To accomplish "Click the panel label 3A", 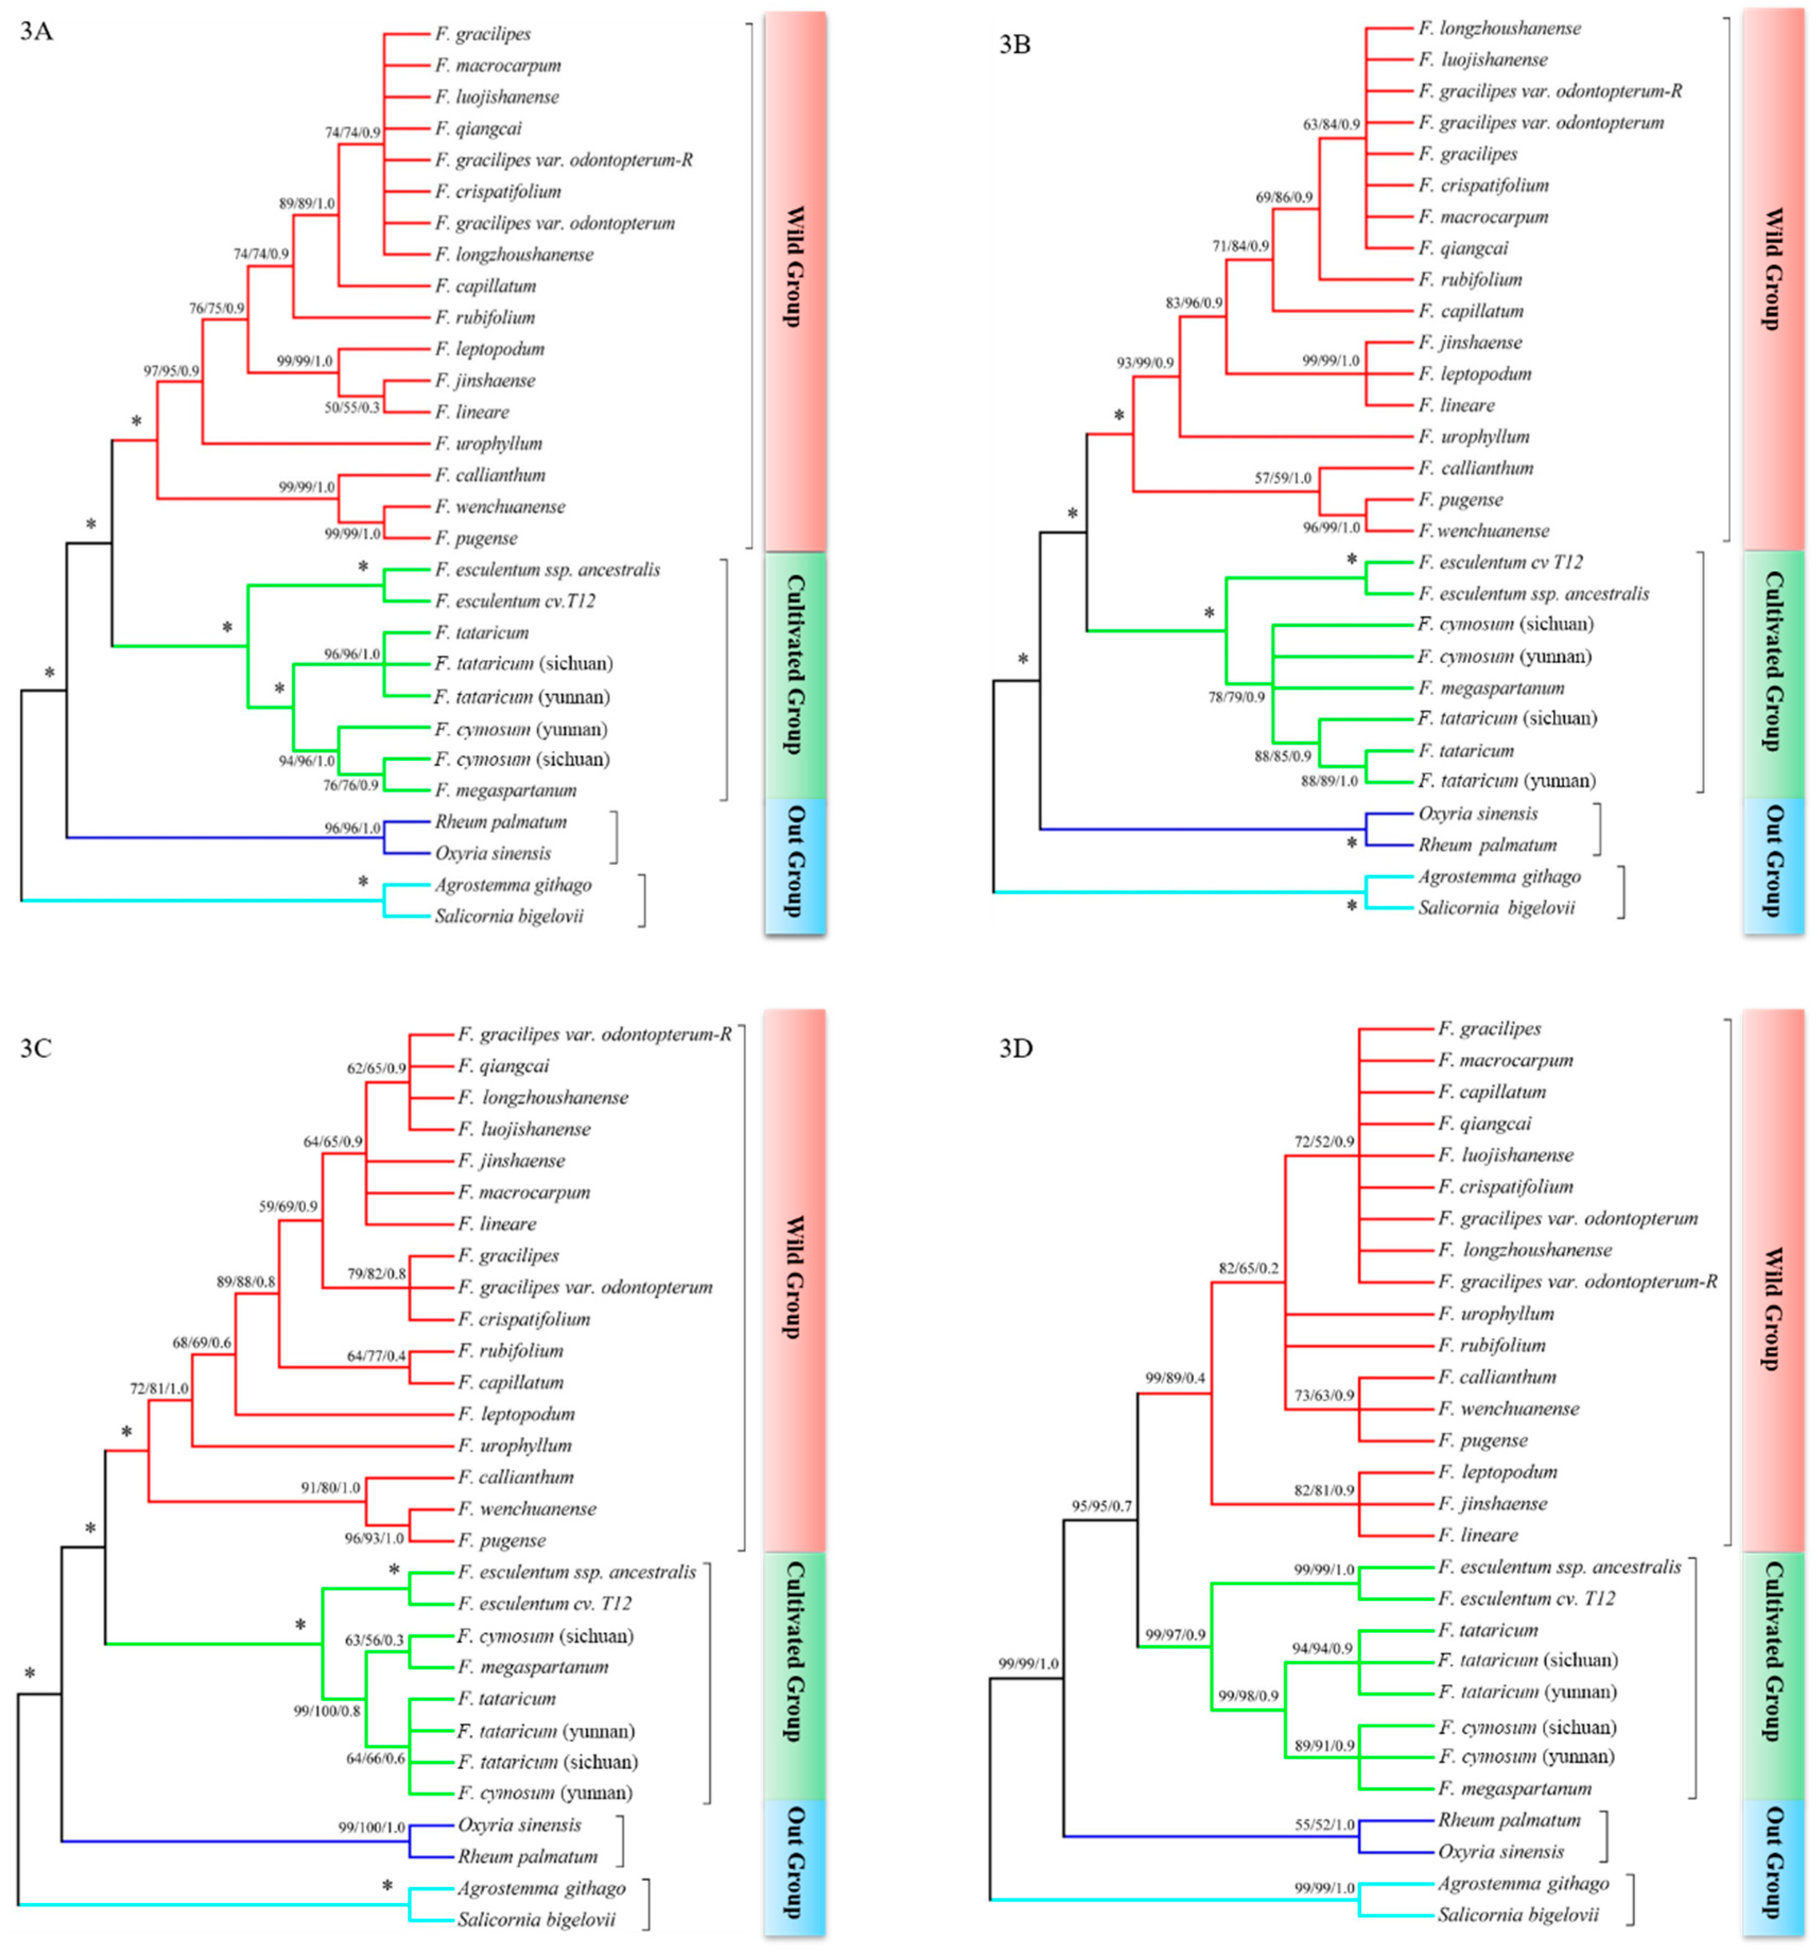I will tap(37, 31).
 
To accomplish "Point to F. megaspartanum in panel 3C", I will tap(532, 1667).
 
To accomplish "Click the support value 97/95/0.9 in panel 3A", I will tap(172, 371).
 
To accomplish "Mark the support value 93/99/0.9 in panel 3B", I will tap(1145, 363).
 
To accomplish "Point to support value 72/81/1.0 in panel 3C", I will tap(159, 1389).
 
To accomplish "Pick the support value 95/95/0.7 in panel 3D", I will tap(1100, 1506).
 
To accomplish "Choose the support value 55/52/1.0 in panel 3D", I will tap(1324, 1824).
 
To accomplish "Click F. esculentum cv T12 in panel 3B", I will tap(1500, 562).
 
